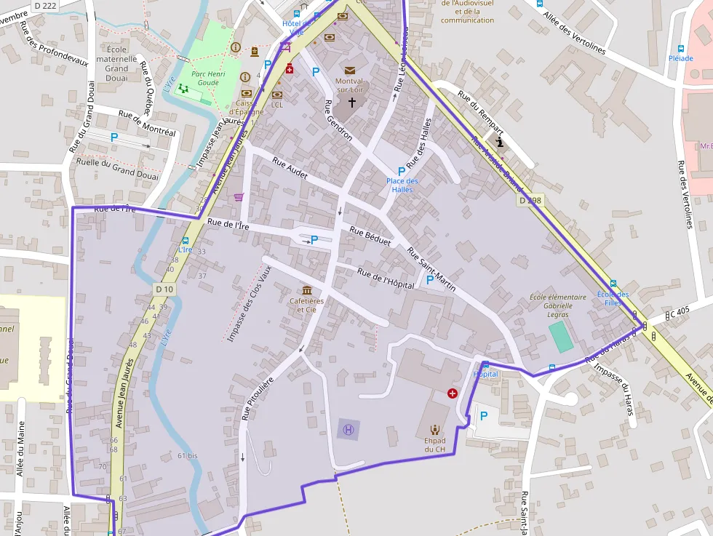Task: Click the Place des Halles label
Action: point(402,185)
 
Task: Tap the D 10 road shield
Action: point(164,289)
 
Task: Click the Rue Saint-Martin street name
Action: point(431,270)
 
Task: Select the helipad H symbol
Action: point(348,429)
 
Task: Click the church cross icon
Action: point(352,103)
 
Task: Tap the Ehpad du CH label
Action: point(435,444)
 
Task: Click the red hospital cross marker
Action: point(453,393)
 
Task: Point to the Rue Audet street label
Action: point(290,168)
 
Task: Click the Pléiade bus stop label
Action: point(680,57)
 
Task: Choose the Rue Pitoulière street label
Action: point(257,398)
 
